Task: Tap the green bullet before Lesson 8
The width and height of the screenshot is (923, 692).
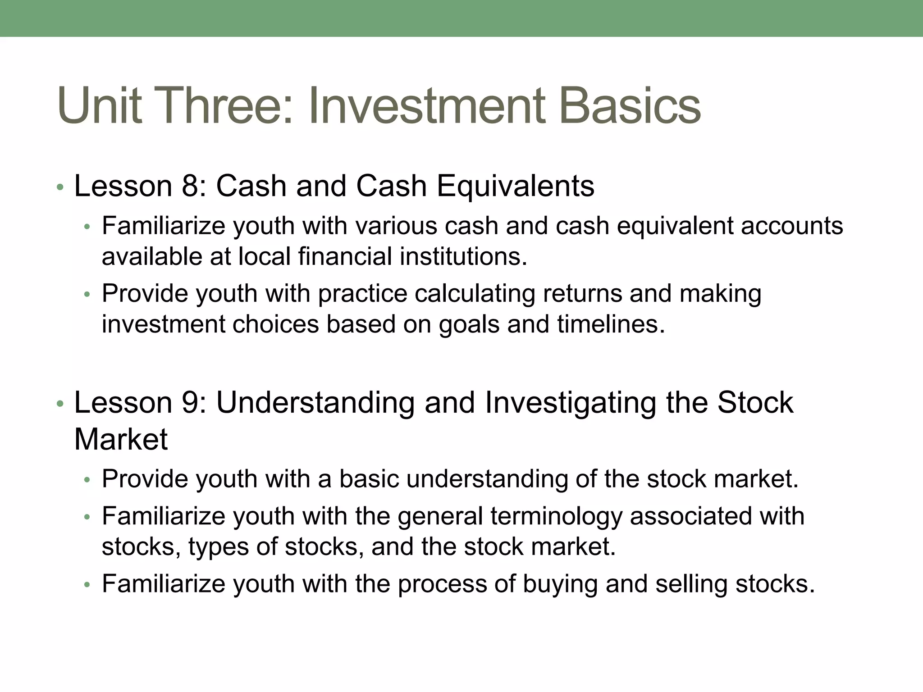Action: [x=60, y=187]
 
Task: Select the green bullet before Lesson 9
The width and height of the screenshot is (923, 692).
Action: [x=60, y=403]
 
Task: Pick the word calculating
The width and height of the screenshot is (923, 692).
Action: [x=475, y=294]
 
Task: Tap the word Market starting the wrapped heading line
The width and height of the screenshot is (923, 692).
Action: [x=121, y=439]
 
